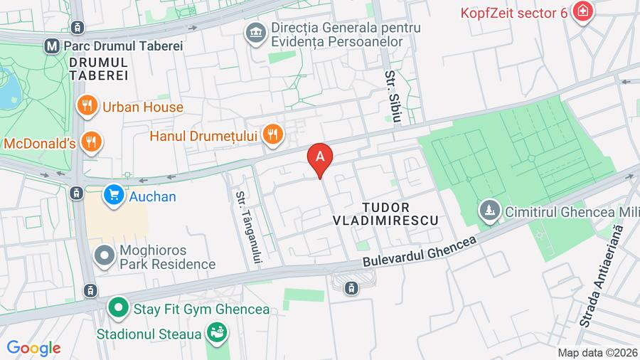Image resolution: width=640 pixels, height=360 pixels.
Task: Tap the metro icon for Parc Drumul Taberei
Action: (51, 46)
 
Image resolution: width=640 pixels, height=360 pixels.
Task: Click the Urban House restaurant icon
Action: (87, 107)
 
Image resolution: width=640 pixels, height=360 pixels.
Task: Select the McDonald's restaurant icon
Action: (90, 142)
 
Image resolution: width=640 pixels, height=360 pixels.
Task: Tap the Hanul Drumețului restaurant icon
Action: (271, 134)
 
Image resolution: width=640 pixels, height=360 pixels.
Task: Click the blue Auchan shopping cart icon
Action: (113, 196)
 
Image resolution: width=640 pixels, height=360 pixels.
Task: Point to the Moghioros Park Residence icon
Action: (105, 256)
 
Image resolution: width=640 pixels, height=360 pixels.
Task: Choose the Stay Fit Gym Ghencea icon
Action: (117, 309)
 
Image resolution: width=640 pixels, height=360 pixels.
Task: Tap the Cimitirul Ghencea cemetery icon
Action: (489, 211)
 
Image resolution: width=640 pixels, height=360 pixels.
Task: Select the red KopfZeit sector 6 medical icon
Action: (583, 12)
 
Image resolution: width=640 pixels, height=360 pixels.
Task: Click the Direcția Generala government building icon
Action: (255, 33)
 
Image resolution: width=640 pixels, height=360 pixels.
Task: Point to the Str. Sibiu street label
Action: (390, 93)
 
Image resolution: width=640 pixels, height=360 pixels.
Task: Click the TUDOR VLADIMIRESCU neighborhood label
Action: (385, 213)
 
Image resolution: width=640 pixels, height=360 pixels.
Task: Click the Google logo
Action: (33, 348)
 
